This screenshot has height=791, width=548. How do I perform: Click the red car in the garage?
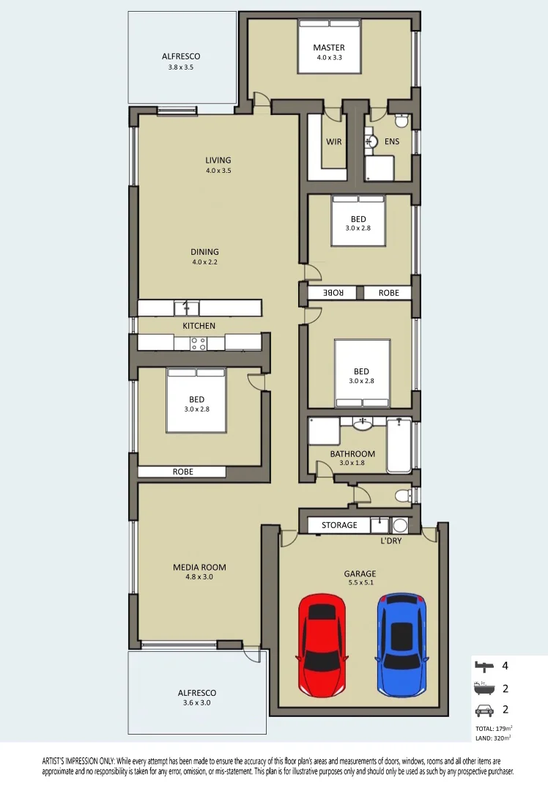322,645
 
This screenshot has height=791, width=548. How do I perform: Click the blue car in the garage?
401,645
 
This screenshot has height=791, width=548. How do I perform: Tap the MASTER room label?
329,48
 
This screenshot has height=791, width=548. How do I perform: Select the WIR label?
333,142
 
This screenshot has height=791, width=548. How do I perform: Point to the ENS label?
391,142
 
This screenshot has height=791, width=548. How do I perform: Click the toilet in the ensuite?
401,121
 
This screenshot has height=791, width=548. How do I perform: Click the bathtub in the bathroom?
399,445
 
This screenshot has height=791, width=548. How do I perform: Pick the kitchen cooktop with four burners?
199,343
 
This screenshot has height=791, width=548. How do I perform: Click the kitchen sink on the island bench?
187,308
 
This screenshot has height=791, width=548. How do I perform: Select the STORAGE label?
339,525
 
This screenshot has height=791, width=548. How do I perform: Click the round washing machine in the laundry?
400,525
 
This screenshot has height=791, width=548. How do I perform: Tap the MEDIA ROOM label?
199,567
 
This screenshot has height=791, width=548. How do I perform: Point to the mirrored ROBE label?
333,292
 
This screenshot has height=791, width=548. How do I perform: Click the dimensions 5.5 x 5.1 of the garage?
360,582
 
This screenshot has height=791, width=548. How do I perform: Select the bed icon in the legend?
484,666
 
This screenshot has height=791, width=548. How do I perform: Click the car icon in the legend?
484,710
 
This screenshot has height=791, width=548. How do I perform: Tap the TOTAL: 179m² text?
494,729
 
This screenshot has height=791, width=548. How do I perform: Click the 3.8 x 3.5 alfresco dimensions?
181,67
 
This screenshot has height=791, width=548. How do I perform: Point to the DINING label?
205,252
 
